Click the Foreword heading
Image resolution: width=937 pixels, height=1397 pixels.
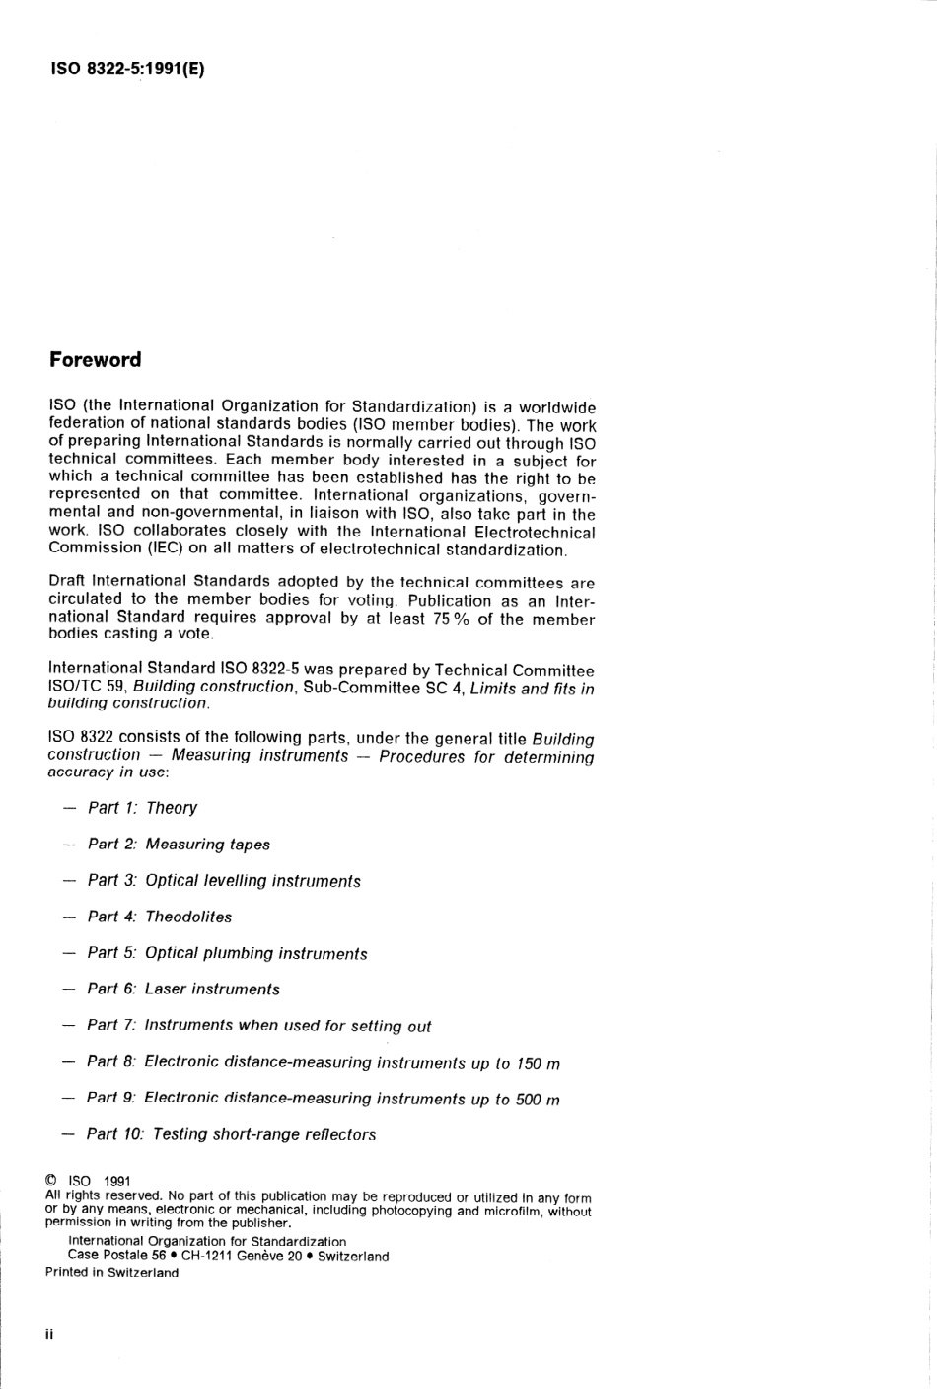[x=96, y=360]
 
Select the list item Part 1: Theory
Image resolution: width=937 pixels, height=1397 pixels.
[x=142, y=808]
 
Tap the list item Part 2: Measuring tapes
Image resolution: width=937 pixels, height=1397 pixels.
[x=179, y=845]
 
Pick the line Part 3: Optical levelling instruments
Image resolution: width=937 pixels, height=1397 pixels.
[x=223, y=881]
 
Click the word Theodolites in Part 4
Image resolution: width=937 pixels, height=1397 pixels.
[x=188, y=917]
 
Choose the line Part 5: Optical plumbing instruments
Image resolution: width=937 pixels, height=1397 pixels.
[x=227, y=954]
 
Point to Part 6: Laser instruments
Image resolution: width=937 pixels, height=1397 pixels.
[x=183, y=990]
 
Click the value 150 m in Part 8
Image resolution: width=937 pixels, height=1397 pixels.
[x=538, y=1064]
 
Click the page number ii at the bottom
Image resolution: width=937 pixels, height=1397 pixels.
[x=49, y=1334]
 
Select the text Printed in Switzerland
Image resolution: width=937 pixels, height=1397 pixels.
[x=112, y=1273]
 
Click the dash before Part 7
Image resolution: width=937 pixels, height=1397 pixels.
[x=68, y=1026]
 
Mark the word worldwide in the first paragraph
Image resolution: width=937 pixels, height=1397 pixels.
[x=557, y=407]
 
